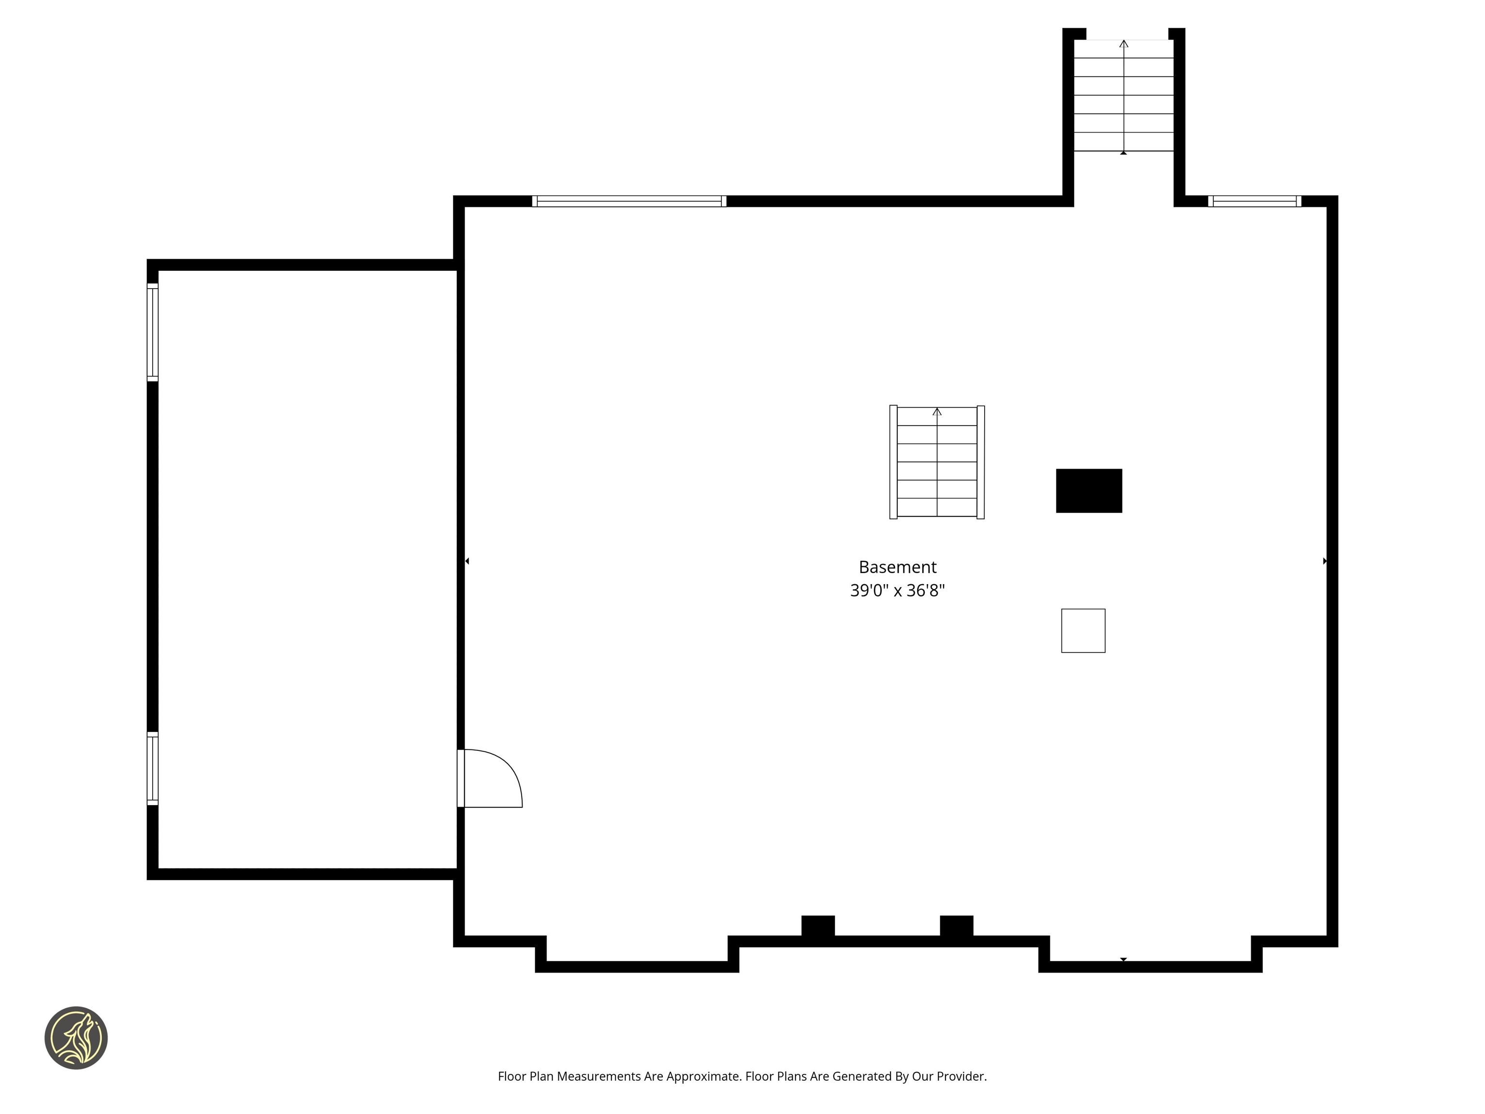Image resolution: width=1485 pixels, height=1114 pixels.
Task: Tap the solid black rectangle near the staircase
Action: pyautogui.click(x=1088, y=491)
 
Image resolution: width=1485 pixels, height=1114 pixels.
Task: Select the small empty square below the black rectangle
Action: pyautogui.click(x=1082, y=630)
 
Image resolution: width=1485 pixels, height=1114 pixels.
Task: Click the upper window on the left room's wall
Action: pyautogui.click(x=152, y=332)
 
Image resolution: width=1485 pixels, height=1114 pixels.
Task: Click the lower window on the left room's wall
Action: pyautogui.click(x=152, y=768)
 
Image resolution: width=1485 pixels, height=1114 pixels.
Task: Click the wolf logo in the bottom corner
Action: pyautogui.click(x=76, y=1038)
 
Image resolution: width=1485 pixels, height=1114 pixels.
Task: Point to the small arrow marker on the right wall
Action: pyautogui.click(x=1325, y=561)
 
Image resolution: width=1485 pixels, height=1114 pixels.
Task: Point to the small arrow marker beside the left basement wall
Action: pyautogui.click(x=467, y=561)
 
